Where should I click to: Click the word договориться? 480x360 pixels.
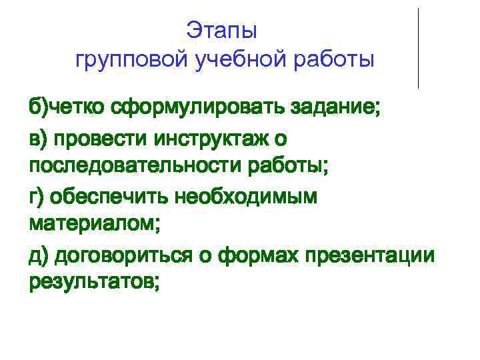(121, 254)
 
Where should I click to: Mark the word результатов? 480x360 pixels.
(94, 283)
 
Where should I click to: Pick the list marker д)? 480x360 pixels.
(38, 254)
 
